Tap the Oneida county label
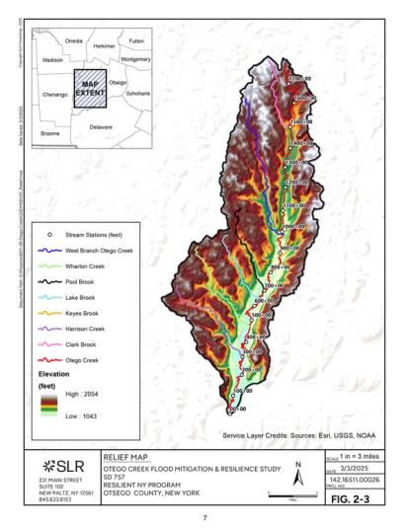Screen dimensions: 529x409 (72, 40)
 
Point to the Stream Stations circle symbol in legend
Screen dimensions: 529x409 (48, 238)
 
